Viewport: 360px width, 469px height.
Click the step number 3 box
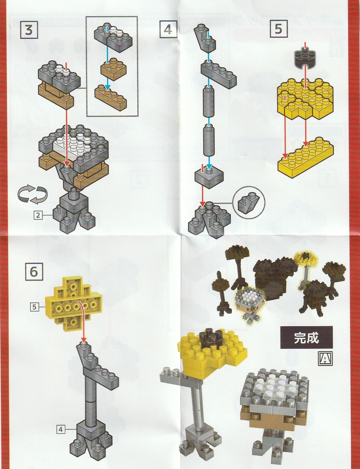[x=29, y=30]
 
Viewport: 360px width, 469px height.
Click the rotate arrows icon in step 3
[x=33, y=194]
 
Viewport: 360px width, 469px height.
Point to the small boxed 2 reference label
[x=38, y=215]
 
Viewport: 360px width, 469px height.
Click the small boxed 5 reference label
[x=34, y=307]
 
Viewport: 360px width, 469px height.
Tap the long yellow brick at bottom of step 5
[x=306, y=157]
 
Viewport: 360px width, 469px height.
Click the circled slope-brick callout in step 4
[x=249, y=200]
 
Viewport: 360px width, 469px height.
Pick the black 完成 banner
[x=306, y=338]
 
